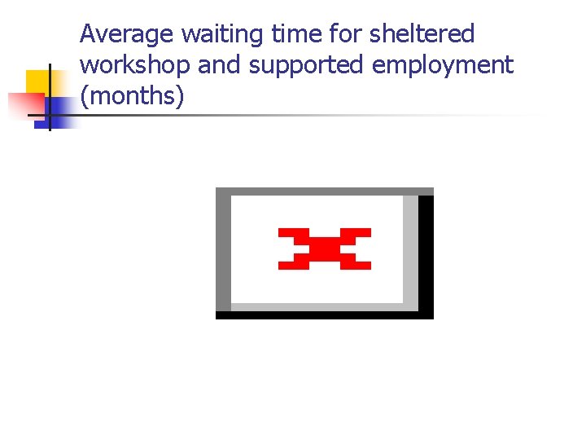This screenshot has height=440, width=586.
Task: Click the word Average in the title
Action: (127, 35)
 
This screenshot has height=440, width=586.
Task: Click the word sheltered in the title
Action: (422, 35)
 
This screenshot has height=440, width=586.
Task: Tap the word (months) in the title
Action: (133, 97)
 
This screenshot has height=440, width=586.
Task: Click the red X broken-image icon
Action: (325, 249)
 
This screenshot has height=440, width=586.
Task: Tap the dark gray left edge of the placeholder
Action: (223, 253)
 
